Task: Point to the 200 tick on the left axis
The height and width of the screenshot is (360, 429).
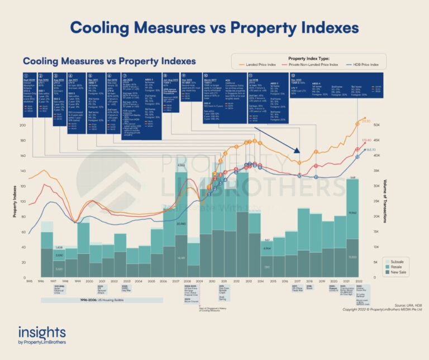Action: point(22,125)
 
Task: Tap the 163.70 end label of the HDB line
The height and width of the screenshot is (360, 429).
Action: point(369,150)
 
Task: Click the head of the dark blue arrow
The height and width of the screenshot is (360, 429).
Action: point(298,153)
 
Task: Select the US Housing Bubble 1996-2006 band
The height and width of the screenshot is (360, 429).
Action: point(76,300)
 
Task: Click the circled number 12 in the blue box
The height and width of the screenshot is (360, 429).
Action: point(293,74)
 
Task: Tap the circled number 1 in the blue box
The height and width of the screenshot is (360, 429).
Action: point(26,74)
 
